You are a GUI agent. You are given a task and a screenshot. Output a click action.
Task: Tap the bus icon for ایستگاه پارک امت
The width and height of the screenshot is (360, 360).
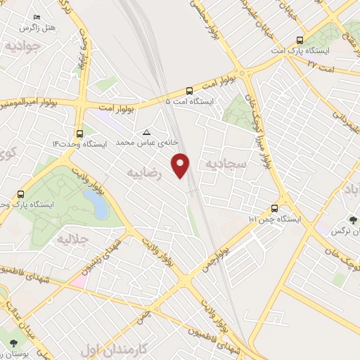pos(300,40)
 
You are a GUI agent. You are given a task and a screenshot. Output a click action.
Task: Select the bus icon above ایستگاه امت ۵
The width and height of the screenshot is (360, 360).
pos(189,90)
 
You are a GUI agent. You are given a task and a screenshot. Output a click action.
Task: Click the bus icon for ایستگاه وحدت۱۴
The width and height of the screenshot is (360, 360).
pos(79,132)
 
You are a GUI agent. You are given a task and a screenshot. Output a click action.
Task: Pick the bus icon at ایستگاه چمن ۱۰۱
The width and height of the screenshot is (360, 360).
pos(274,208)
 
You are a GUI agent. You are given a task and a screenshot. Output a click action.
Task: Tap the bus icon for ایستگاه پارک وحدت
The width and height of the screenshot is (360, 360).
pos(20,194)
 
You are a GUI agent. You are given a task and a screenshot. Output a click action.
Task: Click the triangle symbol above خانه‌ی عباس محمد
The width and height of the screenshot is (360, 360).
pos(146,132)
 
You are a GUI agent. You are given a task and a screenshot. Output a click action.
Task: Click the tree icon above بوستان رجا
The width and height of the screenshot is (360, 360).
pos(14,343)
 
